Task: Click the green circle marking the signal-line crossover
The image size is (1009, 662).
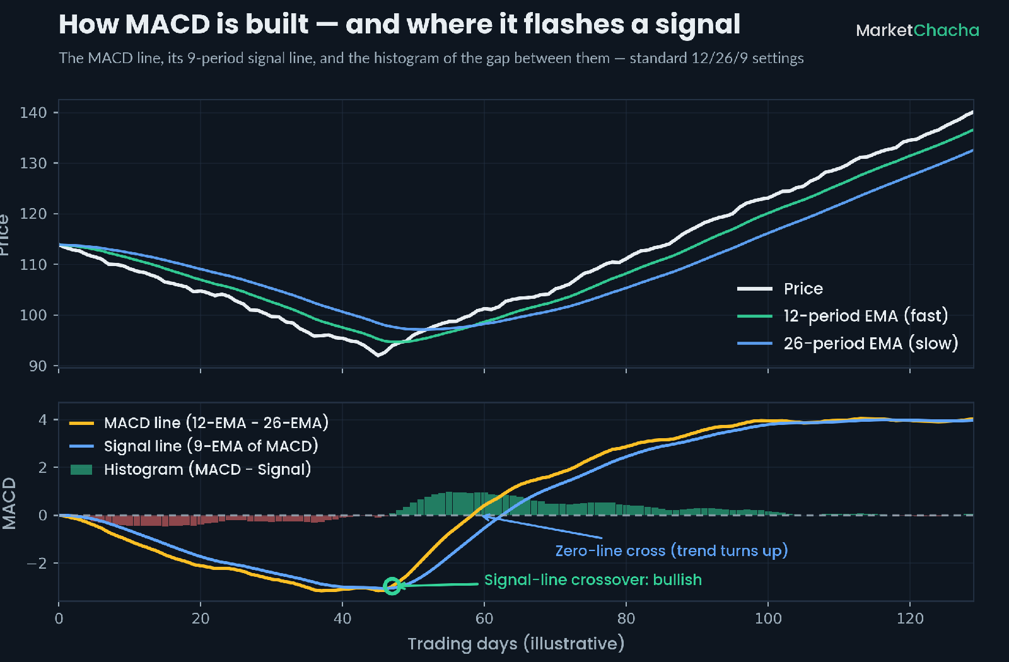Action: (392, 586)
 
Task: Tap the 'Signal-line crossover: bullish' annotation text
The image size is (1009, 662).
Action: (593, 579)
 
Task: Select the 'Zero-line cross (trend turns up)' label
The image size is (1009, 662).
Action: (671, 551)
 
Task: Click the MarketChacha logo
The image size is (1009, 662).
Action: (918, 31)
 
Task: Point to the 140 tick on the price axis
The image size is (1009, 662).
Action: (33, 112)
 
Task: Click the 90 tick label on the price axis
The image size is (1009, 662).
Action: (38, 366)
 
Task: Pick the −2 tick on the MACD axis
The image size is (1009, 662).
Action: (37, 563)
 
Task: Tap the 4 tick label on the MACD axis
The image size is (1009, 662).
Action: (43, 420)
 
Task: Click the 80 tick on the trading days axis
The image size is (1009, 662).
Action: (626, 618)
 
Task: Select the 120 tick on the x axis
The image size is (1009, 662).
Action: (910, 618)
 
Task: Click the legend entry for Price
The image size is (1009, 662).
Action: (780, 289)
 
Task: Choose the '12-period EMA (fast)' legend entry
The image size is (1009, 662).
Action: (843, 316)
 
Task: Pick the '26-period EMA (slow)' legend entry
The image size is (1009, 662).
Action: (848, 344)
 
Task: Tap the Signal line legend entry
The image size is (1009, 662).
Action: (194, 446)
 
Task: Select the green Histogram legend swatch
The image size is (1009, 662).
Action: (81, 470)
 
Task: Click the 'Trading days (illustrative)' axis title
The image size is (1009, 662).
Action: (516, 644)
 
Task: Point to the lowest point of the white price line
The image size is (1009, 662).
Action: (378, 356)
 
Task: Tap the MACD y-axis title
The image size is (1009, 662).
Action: (9, 504)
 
